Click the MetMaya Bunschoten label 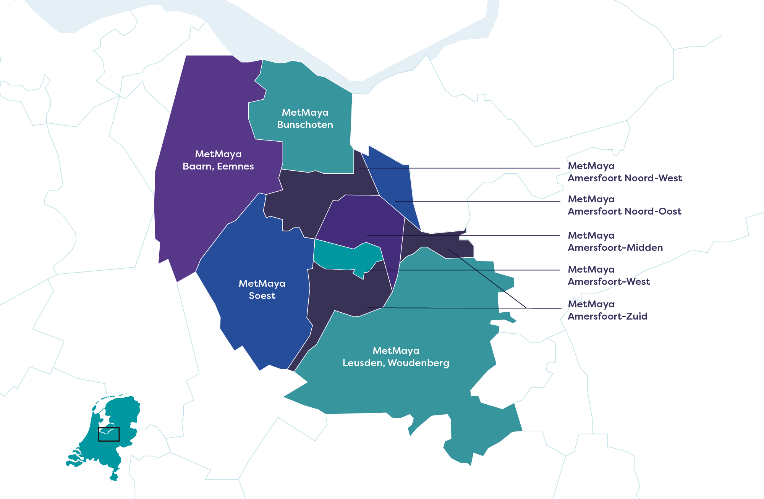(305, 118)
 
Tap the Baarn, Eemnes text (218, 166)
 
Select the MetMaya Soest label (262, 289)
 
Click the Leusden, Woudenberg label (396, 363)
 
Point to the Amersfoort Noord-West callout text (625, 172)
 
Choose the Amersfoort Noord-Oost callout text (624, 205)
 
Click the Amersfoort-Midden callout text (615, 242)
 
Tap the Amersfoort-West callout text (609, 276)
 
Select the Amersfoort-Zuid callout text (607, 310)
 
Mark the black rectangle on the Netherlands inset (109, 434)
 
